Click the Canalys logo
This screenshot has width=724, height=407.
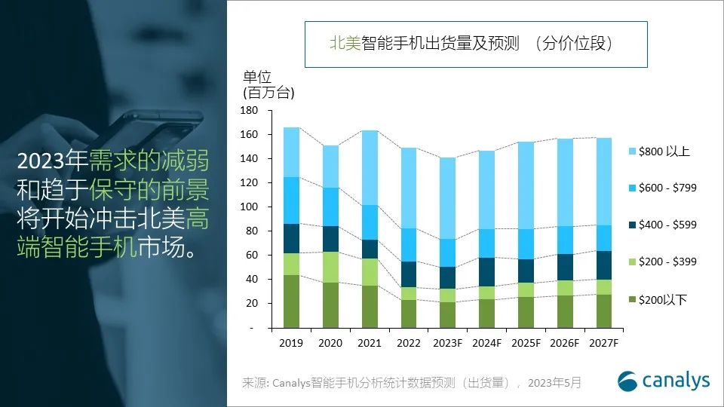pyautogui.click(x=664, y=381)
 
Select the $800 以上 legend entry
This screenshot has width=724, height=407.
pyautogui.click(x=664, y=151)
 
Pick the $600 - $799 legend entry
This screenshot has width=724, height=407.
pyautogui.click(x=667, y=188)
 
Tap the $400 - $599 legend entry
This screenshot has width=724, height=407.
pyautogui.click(x=667, y=225)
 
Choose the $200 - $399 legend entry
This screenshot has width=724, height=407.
pyautogui.click(x=667, y=262)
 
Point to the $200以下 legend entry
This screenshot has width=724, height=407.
pyautogui.click(x=662, y=300)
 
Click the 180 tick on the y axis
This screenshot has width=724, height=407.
pyautogui.click(x=250, y=111)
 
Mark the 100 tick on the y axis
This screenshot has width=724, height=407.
pyautogui.click(x=250, y=207)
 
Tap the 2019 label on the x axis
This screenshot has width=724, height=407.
pyautogui.click(x=291, y=344)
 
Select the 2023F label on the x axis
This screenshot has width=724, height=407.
pyautogui.click(x=448, y=344)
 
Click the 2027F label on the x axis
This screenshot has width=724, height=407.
pyautogui.click(x=605, y=344)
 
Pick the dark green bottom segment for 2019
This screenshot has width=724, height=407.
pyautogui.click(x=291, y=301)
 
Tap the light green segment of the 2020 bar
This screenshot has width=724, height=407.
pyautogui.click(x=330, y=267)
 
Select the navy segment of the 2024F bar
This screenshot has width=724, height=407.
pyautogui.click(x=487, y=272)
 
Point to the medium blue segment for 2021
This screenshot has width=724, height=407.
pyautogui.click(x=370, y=222)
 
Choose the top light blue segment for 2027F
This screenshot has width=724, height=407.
pyautogui.click(x=605, y=181)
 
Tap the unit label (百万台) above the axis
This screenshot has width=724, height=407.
pyautogui.click(x=268, y=93)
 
